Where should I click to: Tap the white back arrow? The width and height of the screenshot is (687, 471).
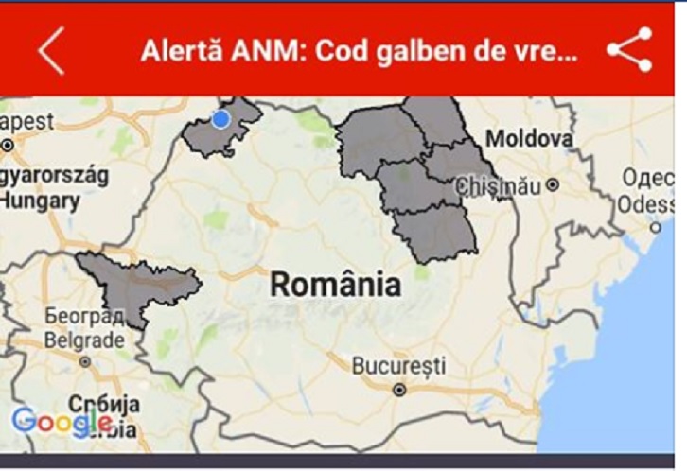pos(51,50)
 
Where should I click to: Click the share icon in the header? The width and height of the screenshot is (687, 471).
pos(629,50)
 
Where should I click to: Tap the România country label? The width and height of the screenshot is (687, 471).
pos(335,284)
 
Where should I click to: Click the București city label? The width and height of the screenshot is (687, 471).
pos(398,365)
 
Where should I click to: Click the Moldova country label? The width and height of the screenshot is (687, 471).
pos(529,140)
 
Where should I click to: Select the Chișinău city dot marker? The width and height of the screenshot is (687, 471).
pos(553,185)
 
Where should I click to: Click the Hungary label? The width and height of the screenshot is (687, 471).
pos(39,201)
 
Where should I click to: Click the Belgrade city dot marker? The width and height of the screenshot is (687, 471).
pos(85,360)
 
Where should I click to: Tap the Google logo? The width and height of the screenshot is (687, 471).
pos(61,420)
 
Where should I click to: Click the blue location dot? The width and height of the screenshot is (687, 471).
pos(220,119)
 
